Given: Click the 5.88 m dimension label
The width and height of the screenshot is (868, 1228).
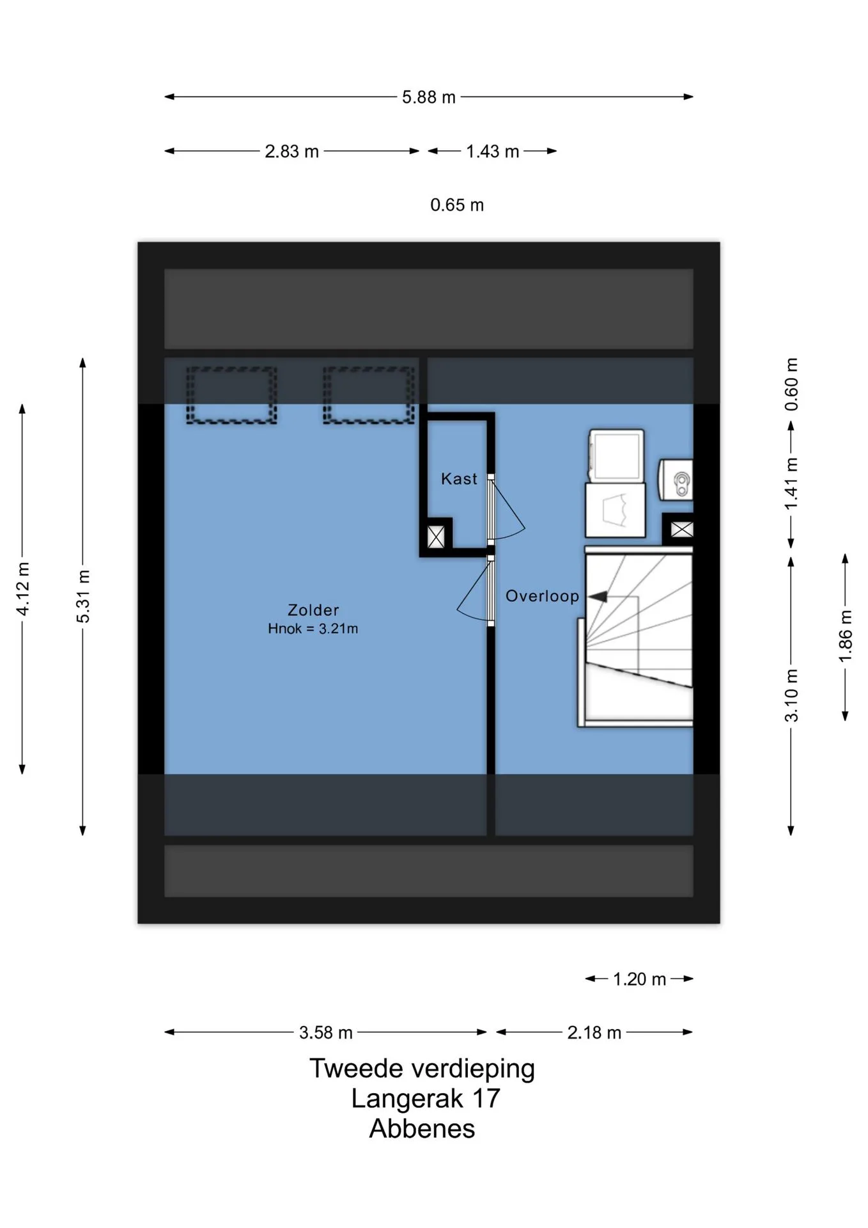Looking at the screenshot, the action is [x=428, y=97].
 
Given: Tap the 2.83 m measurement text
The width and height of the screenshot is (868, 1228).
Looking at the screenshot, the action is [x=291, y=152].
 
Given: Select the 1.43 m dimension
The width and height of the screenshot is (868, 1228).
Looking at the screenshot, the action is [x=492, y=152].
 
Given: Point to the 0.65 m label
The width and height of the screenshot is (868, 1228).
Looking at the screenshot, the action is [x=457, y=205].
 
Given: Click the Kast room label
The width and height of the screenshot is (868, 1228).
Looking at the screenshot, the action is [x=459, y=479].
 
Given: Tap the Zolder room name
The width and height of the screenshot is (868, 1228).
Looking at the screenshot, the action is [x=313, y=610].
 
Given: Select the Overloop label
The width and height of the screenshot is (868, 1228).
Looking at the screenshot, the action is [x=542, y=596].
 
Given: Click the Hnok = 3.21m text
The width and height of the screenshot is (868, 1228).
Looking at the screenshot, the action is [x=313, y=629].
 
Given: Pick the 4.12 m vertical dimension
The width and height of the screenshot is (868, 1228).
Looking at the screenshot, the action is [x=22, y=589].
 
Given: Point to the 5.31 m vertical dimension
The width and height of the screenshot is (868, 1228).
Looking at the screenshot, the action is [x=83, y=596].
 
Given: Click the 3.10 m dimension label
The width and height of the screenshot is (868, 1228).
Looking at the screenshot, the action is [x=791, y=695].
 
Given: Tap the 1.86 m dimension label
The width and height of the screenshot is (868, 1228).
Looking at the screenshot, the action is [x=845, y=637].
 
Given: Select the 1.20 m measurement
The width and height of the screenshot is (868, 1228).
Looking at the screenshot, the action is [x=639, y=979].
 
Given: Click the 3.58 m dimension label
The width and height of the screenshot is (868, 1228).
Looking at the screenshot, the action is [x=326, y=1033].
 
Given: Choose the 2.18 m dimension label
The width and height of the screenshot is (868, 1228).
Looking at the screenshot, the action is [x=594, y=1033].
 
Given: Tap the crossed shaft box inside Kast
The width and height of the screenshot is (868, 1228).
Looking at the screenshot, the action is [x=436, y=537].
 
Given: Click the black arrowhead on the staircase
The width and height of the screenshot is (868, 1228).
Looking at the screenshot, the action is [x=598, y=597].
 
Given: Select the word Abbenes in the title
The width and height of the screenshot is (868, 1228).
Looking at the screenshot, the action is [x=422, y=1129].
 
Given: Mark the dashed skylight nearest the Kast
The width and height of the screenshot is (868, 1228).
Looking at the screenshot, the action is [x=369, y=395].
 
